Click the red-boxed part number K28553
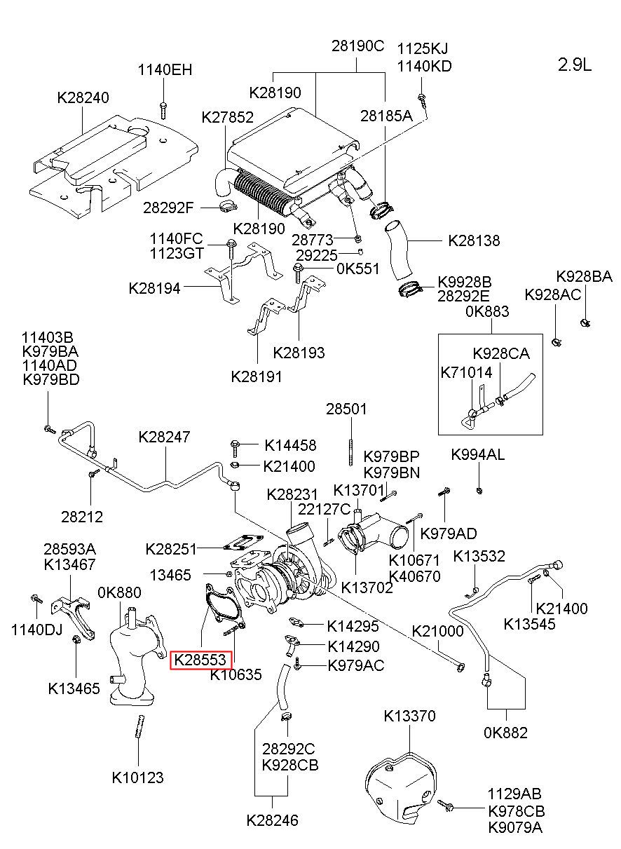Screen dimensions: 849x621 click(x=200, y=659)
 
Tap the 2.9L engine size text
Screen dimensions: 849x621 click(x=575, y=65)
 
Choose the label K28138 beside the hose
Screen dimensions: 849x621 click(x=475, y=241)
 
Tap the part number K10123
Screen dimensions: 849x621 click(x=137, y=777)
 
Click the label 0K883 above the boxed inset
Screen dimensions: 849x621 click(x=487, y=311)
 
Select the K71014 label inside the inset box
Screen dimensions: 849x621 click(x=466, y=372)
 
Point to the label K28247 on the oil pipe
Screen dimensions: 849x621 click(x=164, y=436)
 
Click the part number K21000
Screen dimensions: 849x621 click(x=437, y=631)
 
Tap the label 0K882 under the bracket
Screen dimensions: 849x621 click(x=505, y=733)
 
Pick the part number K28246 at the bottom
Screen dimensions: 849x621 click(x=272, y=819)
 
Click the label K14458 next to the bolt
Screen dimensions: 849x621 click(x=290, y=445)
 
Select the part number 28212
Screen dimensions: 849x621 click(x=82, y=517)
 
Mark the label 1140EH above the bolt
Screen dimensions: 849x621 click(x=165, y=70)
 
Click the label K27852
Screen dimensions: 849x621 click(x=227, y=118)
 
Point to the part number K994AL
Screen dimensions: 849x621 click(x=477, y=455)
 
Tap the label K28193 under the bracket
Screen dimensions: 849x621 click(x=299, y=353)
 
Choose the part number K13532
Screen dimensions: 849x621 click(x=479, y=556)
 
